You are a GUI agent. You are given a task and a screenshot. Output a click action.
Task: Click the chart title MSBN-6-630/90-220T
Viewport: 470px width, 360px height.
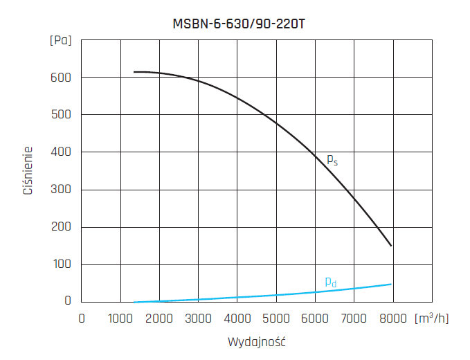point(239,22)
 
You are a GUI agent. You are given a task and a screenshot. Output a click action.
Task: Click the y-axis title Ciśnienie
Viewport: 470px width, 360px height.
point(28,170)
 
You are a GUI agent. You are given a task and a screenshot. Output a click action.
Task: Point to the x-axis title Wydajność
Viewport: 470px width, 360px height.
point(257,342)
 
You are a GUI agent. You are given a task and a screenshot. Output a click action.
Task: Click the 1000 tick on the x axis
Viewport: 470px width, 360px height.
point(121,318)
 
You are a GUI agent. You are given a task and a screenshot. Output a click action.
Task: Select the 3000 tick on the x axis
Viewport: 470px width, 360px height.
point(199,318)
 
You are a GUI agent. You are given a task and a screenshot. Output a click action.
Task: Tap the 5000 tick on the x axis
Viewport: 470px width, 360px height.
point(277,318)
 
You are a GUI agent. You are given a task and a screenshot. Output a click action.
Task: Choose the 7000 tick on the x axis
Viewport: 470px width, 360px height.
point(354,318)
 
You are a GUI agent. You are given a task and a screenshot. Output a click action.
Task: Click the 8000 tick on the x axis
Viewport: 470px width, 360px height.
point(393,318)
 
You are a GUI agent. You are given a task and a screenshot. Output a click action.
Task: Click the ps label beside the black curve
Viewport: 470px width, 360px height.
point(332,159)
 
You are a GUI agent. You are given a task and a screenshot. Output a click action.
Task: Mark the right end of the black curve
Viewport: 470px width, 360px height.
point(391,245)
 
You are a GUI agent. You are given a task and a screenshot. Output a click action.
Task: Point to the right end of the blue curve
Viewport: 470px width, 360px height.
point(391,284)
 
